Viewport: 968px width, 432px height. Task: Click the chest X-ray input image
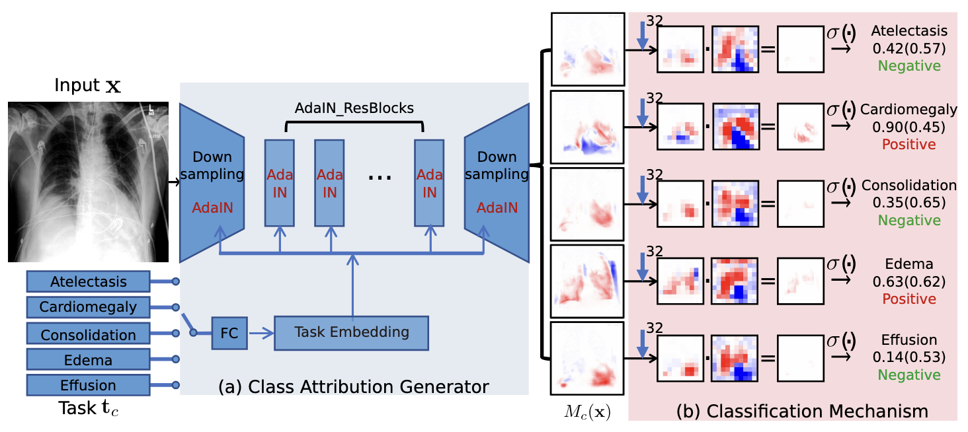coord(88,182)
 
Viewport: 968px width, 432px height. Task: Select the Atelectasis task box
coord(88,281)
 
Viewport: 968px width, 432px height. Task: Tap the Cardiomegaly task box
coord(88,307)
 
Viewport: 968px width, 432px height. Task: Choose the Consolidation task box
coord(88,334)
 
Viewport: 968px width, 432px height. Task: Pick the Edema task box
coord(88,360)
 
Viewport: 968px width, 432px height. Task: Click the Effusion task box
coord(88,385)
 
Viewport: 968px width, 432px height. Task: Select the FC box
coord(229,333)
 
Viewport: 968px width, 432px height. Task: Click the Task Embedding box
coord(351,333)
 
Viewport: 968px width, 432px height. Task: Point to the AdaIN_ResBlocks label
coord(354,108)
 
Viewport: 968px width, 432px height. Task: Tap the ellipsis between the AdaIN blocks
coord(379,176)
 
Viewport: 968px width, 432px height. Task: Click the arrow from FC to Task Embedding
coord(260,333)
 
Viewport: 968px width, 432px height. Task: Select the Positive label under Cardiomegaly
coord(908,144)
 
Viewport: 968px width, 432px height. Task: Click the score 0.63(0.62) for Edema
coord(908,282)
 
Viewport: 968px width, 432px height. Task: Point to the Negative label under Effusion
coord(908,375)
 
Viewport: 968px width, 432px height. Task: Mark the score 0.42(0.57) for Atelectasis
coord(908,48)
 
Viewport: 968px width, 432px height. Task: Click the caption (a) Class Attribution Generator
coord(354,386)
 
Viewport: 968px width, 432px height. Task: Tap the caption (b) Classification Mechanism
coord(802,411)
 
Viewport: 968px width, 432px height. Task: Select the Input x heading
coord(87,86)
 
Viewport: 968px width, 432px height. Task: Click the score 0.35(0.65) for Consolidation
coord(908,203)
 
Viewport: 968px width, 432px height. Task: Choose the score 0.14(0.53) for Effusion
coord(908,357)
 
